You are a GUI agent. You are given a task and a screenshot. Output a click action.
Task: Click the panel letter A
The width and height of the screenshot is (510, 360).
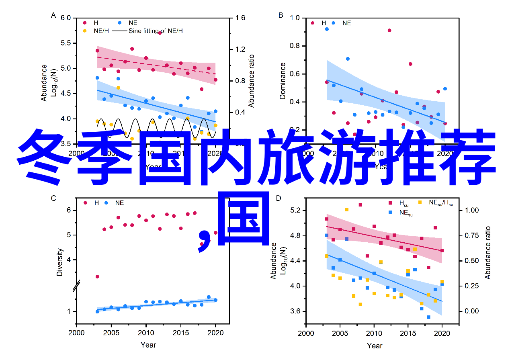pos(53,15)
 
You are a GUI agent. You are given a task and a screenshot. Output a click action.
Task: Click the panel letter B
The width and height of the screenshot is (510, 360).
pos(281,15)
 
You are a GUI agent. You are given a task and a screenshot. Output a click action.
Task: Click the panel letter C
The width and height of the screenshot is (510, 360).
pos(53,198)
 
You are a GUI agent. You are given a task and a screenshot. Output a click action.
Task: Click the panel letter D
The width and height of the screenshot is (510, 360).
pos(278,198)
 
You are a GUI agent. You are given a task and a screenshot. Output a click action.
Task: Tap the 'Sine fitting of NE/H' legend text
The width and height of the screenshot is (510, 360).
pos(156,31)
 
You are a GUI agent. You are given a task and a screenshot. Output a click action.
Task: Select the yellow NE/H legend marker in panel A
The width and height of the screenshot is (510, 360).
pos(85,31)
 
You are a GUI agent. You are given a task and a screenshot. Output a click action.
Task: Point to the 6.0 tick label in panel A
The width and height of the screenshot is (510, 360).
pos(66,18)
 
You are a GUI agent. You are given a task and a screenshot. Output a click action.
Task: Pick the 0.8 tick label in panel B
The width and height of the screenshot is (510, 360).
pos(295,46)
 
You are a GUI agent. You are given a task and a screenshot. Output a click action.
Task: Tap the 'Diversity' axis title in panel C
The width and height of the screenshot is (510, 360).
pos(60,262)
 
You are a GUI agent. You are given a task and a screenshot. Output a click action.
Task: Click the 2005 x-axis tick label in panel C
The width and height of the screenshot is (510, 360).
pos(111,333)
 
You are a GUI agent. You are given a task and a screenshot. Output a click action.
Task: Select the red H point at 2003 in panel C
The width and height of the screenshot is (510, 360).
pos(97,276)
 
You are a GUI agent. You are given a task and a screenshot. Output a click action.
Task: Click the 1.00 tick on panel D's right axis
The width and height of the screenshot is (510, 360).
pos(472,210)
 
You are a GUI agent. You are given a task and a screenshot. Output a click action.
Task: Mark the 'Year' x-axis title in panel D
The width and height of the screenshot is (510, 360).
pos(375,346)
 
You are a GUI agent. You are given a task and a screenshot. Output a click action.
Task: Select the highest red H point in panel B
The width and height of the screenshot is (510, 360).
pos(389,30)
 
